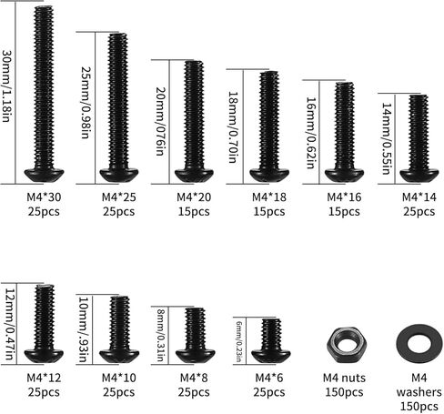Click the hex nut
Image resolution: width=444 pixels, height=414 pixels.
point(347,345)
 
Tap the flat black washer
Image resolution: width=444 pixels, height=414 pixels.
point(419,344)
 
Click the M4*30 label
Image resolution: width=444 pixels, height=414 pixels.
point(44,197)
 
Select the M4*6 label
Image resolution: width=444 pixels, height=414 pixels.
point(269,378)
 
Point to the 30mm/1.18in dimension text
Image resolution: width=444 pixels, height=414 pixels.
point(6,86)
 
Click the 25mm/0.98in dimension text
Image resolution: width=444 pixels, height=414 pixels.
point(86,103)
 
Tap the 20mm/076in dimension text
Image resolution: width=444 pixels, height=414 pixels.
point(161,121)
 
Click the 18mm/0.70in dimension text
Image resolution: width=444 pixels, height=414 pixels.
point(233,127)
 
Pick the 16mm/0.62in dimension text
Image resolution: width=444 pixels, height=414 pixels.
point(311,133)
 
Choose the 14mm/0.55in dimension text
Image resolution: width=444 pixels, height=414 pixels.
point(387,138)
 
